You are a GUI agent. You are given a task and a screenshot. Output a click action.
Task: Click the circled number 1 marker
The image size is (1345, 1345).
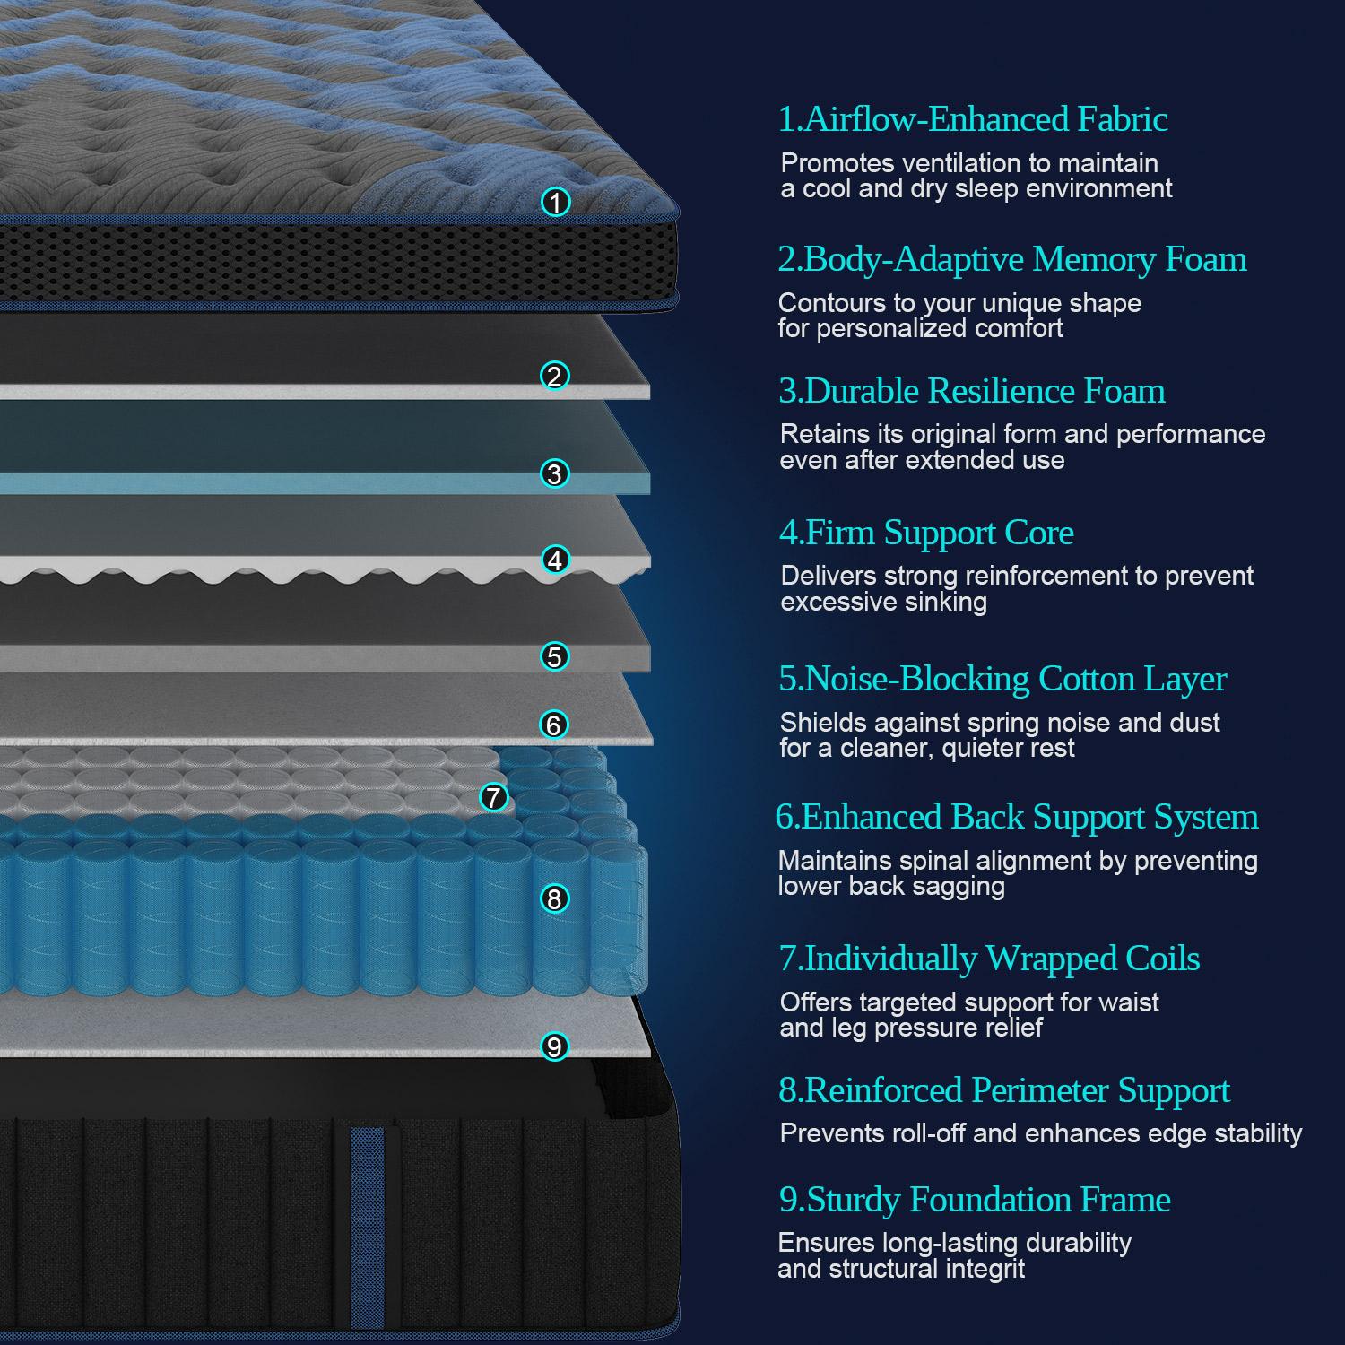(556, 203)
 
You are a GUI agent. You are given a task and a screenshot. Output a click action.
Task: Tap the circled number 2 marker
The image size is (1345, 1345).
(555, 376)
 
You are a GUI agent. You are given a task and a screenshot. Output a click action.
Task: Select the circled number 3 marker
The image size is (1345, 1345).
(555, 473)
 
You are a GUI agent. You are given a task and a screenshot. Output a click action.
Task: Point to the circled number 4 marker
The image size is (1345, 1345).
(556, 560)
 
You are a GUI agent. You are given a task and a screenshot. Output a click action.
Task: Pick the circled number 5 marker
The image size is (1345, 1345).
(555, 656)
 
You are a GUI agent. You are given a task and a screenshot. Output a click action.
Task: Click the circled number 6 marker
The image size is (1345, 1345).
(554, 725)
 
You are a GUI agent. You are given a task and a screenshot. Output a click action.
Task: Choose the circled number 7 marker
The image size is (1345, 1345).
(494, 796)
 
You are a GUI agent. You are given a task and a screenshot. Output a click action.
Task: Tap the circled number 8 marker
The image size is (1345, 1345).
(555, 898)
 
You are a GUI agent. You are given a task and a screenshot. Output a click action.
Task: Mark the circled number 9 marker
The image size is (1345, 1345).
(555, 1046)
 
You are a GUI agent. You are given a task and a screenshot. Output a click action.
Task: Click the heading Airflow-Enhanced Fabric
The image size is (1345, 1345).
(973, 119)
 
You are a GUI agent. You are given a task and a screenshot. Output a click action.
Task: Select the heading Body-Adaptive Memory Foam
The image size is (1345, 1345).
(1012, 259)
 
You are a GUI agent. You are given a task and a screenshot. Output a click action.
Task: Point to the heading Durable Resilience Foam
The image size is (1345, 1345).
(972, 391)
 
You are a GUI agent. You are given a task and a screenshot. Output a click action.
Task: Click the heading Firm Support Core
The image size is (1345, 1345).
(926, 533)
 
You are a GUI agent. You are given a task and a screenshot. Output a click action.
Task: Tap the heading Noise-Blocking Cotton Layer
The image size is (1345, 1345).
(1002, 679)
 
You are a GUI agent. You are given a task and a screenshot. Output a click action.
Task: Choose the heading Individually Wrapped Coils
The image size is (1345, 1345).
(989, 959)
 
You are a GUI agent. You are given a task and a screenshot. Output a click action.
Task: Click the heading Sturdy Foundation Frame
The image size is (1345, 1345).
(975, 1200)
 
